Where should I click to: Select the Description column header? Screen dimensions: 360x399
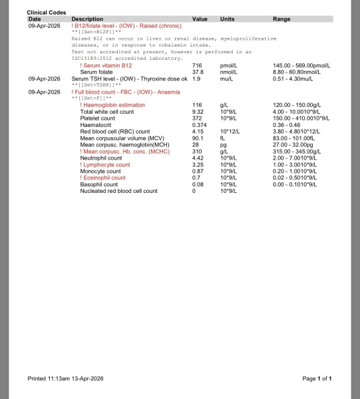[x=87, y=19]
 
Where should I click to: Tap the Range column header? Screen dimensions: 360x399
[x=281, y=19]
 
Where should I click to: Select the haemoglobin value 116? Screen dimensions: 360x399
[x=197, y=105]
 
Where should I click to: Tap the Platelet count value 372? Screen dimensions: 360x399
[x=197, y=118]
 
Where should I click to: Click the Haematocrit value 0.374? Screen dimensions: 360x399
[x=199, y=125]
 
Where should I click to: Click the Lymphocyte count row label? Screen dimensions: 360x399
[x=105, y=164]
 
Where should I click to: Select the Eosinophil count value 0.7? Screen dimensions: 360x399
[x=196, y=178]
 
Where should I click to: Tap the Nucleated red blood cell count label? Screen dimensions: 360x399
[x=118, y=191]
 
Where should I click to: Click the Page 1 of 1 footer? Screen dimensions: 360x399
[x=317, y=378]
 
